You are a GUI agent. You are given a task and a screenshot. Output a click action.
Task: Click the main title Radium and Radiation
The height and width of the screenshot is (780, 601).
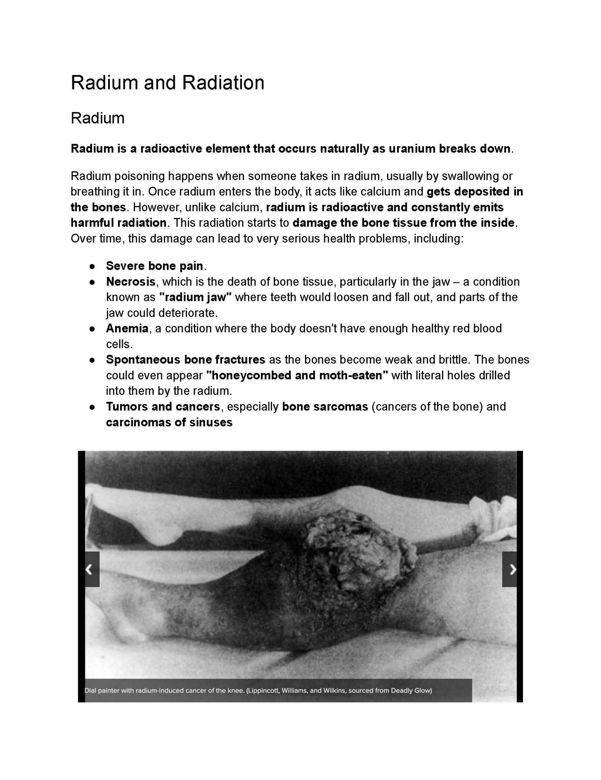point(168,83)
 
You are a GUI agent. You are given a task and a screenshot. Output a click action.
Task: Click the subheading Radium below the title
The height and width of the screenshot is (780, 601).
point(98,118)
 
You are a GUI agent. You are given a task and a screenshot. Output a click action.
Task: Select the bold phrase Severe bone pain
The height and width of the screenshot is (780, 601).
point(155,266)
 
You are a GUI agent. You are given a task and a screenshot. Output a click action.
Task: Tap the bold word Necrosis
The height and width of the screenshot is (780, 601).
point(131,282)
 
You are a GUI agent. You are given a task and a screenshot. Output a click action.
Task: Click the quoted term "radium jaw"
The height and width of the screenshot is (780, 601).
point(195,297)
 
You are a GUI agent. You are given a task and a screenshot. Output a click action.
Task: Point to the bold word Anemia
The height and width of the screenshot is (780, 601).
point(127,328)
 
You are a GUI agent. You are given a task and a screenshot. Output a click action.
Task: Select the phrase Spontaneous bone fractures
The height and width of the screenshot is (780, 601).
point(185,360)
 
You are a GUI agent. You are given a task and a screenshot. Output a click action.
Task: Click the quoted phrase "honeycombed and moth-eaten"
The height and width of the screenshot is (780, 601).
point(297,375)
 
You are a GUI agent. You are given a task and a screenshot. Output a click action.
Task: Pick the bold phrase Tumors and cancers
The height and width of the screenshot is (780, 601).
point(163,407)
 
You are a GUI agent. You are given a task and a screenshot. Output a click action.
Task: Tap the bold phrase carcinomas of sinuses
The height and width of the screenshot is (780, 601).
point(169,422)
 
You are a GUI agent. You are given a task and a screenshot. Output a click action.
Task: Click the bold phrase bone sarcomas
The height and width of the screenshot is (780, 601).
point(325,407)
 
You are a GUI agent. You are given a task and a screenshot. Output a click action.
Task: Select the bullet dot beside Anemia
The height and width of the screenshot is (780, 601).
point(93,329)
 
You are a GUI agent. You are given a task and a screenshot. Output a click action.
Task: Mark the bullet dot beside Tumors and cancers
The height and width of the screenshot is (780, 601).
point(93,407)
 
